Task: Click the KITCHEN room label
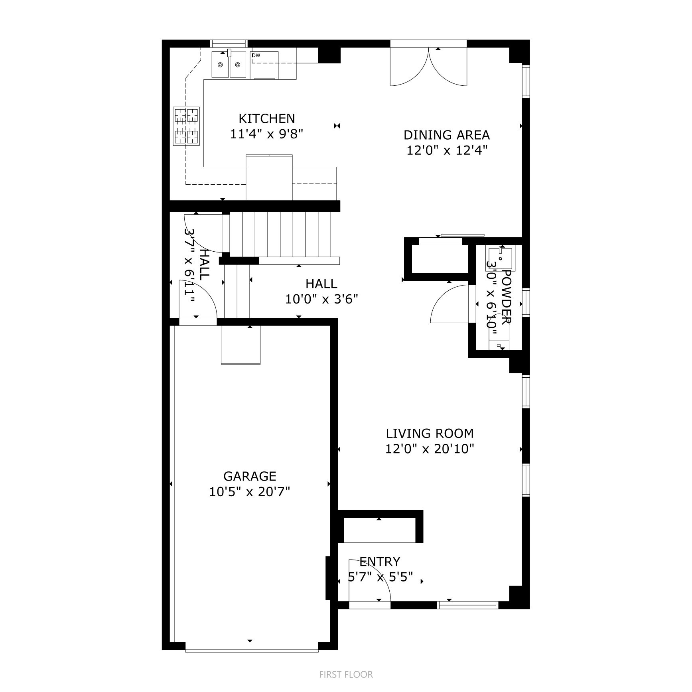[266, 118]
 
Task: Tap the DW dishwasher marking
[256, 55]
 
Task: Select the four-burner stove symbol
[186, 126]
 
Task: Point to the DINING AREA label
[446, 135]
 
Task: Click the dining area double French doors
[428, 66]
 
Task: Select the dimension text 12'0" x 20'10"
[430, 449]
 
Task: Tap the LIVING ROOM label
[430, 433]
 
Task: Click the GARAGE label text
[250, 476]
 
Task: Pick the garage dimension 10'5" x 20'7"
[250, 492]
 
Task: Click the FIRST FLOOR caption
[346, 674]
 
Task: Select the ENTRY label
[379, 562]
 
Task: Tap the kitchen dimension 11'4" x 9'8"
[266, 134]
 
